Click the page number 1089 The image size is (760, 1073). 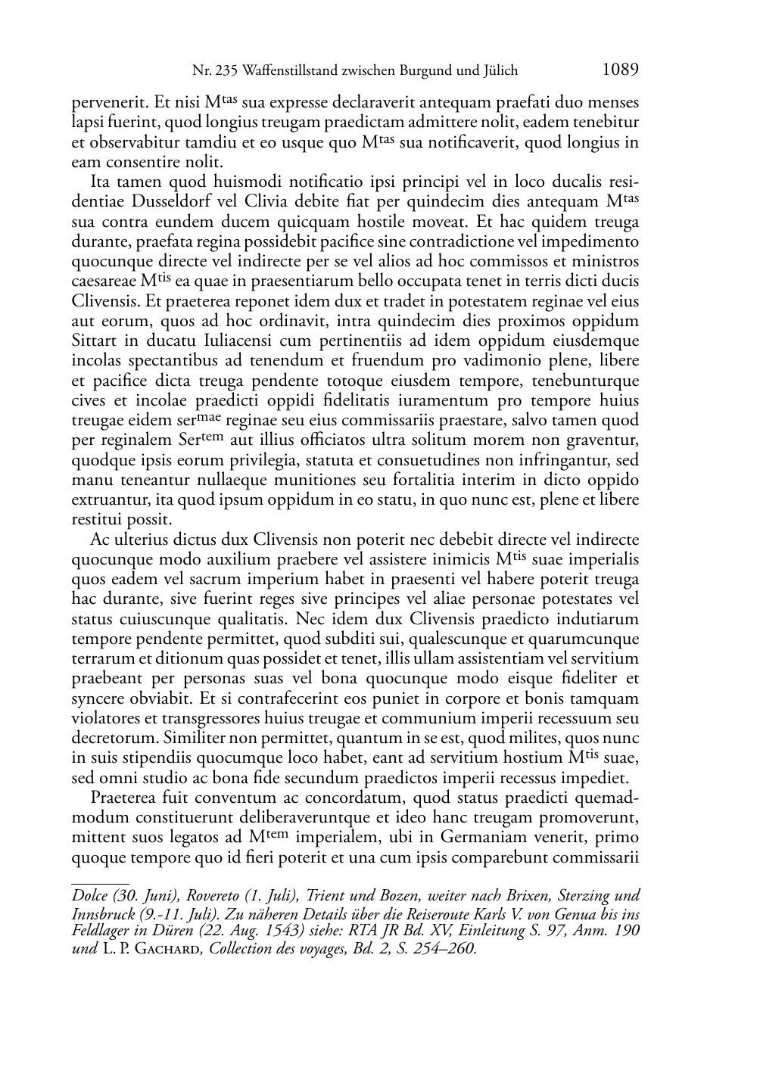(621, 70)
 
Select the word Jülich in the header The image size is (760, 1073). (499, 71)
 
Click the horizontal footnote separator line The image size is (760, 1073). (100, 882)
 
